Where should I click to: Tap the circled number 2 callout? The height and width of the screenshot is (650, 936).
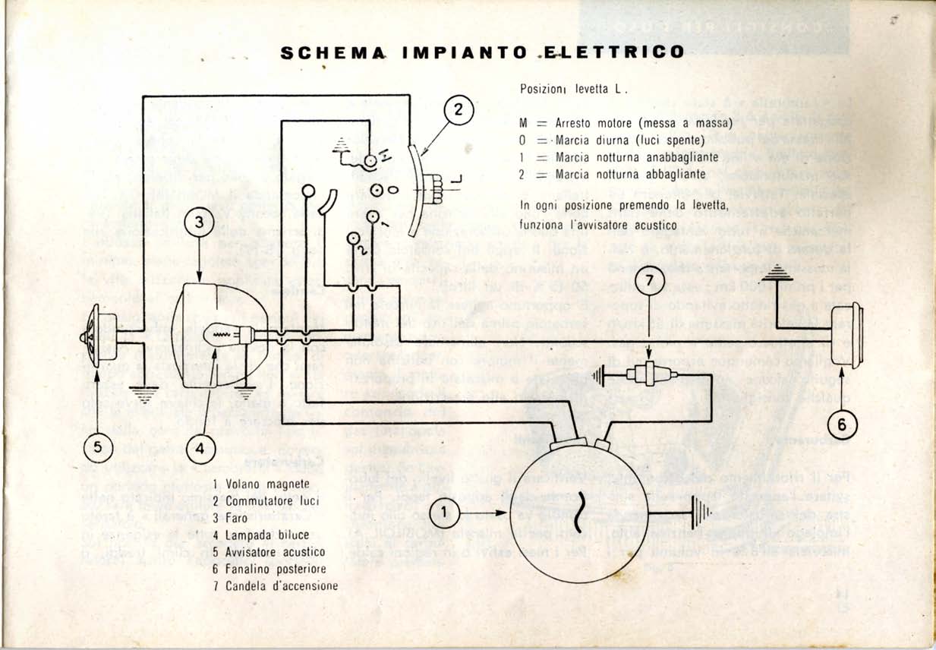pyautogui.click(x=458, y=109)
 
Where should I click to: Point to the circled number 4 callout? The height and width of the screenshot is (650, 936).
pyautogui.click(x=200, y=449)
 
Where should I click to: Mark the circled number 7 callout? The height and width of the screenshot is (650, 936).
pyautogui.click(x=649, y=281)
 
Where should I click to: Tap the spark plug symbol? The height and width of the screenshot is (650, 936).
pyautogui.click(x=646, y=373)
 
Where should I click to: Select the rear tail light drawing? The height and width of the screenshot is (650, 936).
pyautogui.click(x=846, y=334)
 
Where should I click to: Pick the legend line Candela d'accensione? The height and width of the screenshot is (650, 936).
pyautogui.click(x=282, y=585)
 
